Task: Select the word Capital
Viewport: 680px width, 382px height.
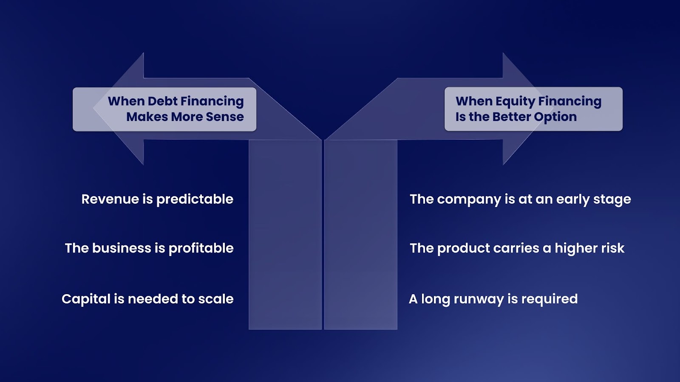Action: [86, 299]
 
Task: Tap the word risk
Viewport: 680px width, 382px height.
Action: [612, 248]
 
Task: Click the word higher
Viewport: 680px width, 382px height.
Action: [576, 248]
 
